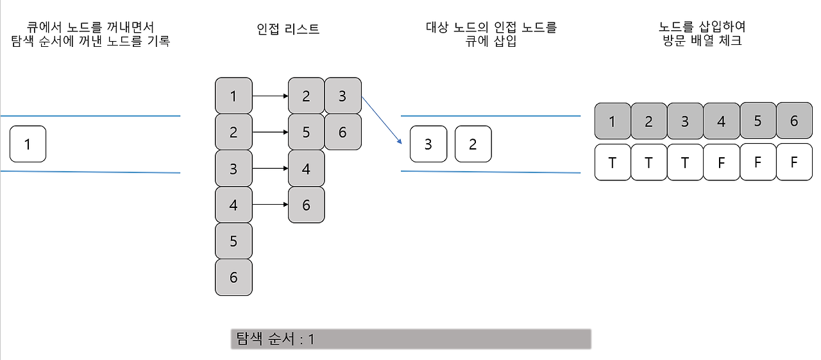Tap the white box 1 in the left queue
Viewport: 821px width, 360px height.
point(28,144)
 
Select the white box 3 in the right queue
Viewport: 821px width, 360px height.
point(428,144)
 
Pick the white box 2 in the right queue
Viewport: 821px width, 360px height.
point(473,144)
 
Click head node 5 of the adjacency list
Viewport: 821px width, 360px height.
point(233,241)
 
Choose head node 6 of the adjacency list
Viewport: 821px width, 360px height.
point(233,277)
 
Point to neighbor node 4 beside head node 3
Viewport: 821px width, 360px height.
point(306,169)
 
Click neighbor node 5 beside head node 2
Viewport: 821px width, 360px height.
point(306,132)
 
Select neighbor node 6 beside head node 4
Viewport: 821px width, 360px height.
point(306,205)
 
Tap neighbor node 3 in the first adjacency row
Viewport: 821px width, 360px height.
point(343,96)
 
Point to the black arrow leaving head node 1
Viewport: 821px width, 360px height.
point(269,96)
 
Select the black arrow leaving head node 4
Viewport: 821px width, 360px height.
point(269,205)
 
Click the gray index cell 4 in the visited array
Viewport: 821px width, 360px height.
point(721,121)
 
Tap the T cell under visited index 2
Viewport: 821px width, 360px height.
point(648,162)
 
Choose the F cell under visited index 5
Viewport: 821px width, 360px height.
point(758,162)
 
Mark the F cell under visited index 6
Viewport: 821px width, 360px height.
point(794,162)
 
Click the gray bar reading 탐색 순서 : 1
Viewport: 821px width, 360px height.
point(410,339)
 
